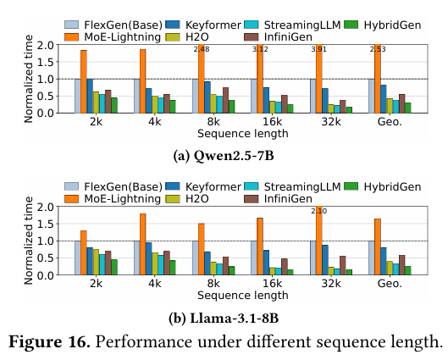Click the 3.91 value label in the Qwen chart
tap(318, 49)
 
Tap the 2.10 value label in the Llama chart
tap(319, 211)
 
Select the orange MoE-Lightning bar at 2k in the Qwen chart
tap(84, 81)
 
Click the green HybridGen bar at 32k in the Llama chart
tap(349, 272)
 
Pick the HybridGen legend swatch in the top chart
tap(351, 25)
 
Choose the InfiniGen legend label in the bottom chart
tap(288, 198)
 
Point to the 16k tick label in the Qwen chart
tap(272, 122)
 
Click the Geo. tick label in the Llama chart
tap(390, 284)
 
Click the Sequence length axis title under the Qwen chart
tap(243, 134)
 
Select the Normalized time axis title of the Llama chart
tap(29, 241)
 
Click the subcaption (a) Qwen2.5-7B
tap(224, 156)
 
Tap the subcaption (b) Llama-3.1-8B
tap(224, 318)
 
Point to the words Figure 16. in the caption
tap(49, 341)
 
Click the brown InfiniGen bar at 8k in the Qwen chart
tap(226, 100)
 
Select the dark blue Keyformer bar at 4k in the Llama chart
tap(149, 259)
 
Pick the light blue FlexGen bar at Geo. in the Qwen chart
tap(372, 96)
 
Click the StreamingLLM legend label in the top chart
tap(302, 25)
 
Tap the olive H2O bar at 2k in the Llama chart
tap(96, 263)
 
